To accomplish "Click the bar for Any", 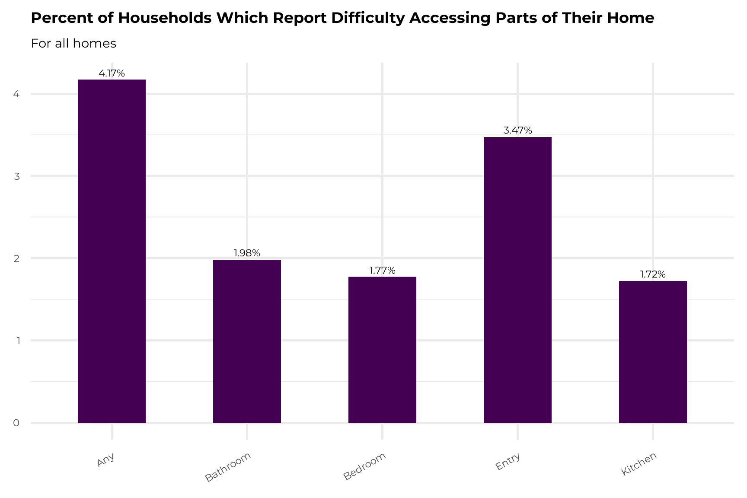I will click(x=112, y=251).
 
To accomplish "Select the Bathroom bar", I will click(x=247, y=341).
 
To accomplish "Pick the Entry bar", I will click(x=517, y=280).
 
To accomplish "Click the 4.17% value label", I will click(x=112, y=73).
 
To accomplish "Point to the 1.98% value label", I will click(x=247, y=253).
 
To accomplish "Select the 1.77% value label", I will click(x=382, y=271).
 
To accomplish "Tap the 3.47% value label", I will click(x=517, y=131).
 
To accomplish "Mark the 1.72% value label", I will click(x=653, y=275).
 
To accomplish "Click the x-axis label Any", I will click(x=106, y=460).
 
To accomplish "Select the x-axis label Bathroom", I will click(x=228, y=467).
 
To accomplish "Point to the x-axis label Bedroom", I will click(x=364, y=466).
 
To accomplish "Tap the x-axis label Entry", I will click(x=508, y=462).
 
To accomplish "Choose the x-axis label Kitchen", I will click(x=639, y=464).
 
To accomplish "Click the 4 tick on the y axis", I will click(x=16, y=94).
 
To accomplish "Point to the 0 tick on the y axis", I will click(x=16, y=423).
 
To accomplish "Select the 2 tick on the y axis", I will click(x=16, y=259).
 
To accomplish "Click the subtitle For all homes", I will click(x=73, y=44).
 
